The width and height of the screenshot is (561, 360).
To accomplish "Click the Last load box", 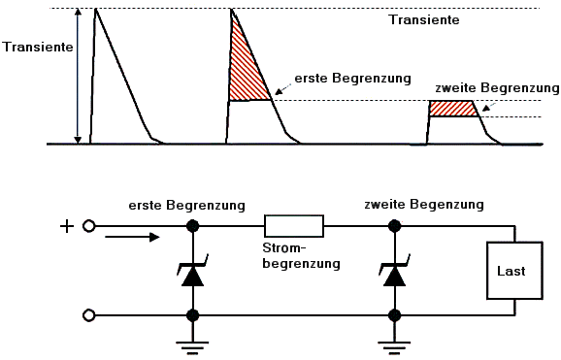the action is [x=514, y=271].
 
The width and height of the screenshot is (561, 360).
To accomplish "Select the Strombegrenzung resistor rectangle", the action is [x=294, y=226].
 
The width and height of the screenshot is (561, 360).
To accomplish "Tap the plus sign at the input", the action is [x=67, y=226].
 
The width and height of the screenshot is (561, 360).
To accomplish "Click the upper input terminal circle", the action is [x=88, y=226].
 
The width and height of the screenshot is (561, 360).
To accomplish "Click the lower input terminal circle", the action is [x=88, y=315].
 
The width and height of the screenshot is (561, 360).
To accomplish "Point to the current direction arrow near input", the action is [x=132, y=237].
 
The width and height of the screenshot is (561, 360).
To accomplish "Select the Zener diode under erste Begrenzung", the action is [x=193, y=271].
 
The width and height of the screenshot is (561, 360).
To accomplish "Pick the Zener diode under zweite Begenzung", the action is [x=395, y=271].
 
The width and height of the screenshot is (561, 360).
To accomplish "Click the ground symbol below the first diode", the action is [x=192, y=347].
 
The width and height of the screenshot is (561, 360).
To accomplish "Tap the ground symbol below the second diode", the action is [x=394, y=347].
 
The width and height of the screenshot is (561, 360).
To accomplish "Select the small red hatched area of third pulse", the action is [x=453, y=109].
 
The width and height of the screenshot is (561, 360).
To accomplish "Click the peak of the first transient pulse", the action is [x=95, y=9].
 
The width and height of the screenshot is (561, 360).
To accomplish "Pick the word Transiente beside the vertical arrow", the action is [x=38, y=47].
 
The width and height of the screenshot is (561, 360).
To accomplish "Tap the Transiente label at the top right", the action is [x=424, y=19].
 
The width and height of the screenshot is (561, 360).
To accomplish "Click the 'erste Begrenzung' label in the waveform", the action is [x=352, y=79].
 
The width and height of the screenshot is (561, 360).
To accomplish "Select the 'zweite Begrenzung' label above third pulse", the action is [x=497, y=88].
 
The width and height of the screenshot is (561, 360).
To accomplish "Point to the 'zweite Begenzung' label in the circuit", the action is [x=424, y=205].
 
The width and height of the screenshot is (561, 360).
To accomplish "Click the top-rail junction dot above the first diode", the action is [x=193, y=226].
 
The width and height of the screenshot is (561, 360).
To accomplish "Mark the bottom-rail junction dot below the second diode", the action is [x=395, y=315].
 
